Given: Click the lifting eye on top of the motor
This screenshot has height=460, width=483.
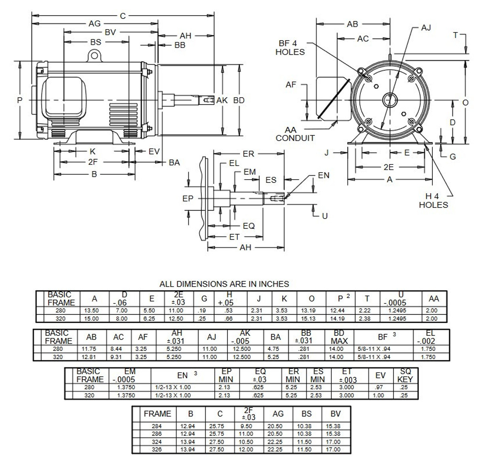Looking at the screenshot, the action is click(94, 56).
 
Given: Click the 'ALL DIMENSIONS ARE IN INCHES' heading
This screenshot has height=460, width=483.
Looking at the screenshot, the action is click(224, 284).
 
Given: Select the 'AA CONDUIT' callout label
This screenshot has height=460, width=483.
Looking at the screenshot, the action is click(295, 134).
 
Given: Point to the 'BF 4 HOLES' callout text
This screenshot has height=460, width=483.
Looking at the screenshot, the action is click(290, 48).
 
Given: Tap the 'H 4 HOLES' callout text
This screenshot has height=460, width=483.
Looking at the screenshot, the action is click(433, 200).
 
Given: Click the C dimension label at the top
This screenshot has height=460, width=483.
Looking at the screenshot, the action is click(123, 16).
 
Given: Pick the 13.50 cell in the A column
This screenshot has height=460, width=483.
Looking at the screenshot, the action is click(91, 310).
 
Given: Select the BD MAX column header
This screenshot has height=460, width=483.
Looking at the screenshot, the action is click(339, 337).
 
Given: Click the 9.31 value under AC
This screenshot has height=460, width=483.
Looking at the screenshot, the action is click(116, 357).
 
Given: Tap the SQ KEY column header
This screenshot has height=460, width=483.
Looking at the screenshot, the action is click(405, 375).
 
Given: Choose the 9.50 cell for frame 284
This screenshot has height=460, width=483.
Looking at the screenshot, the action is click(246, 426).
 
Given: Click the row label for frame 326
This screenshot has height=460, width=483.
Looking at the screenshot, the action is click(157, 449).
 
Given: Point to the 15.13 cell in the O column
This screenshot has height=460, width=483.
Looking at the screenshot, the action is click(308, 319).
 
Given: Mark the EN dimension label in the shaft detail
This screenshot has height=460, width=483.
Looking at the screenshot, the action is click(323, 175).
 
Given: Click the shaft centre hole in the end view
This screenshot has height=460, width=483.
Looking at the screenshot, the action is click(390, 100).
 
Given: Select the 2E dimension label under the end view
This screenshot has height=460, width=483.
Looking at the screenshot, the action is click(389, 167).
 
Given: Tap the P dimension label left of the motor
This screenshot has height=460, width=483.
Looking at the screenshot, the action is click(20, 100).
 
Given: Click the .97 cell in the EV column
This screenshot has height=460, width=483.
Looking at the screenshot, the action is click(379, 387).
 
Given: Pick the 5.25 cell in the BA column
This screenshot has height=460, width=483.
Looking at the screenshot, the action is click(273, 357).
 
